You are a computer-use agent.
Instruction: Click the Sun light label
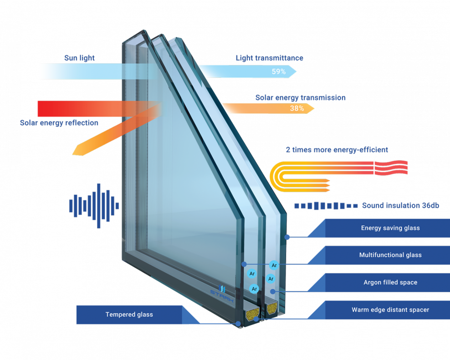pos(79,58)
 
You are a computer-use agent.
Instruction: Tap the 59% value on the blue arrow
pos(278,71)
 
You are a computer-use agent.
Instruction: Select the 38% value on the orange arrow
pos(297,108)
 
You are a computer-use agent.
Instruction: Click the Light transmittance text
pos(269,58)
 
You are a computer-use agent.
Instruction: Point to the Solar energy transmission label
pos(300,98)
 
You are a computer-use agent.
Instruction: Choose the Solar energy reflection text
pos(59,123)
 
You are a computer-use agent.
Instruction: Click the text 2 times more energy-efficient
pos(337,150)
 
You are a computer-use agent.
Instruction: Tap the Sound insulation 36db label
pos(400,205)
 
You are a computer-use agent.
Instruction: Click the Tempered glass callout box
pos(129,314)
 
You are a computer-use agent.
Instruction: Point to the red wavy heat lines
pos(390,167)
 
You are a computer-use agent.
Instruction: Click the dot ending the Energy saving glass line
pos(287,237)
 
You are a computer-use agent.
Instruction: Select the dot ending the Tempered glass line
pos(238,324)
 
